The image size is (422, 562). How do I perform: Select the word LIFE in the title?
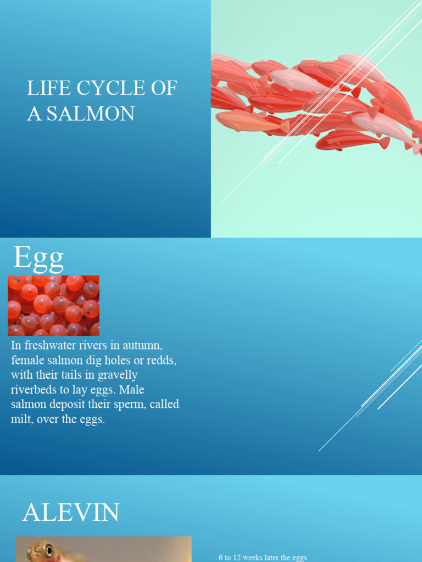43,88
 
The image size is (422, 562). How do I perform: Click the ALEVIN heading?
71,513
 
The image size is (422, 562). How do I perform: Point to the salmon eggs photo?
53,305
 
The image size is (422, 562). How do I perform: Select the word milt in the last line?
21,420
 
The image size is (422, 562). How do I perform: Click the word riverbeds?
35,390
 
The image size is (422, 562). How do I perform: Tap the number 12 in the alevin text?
238,558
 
